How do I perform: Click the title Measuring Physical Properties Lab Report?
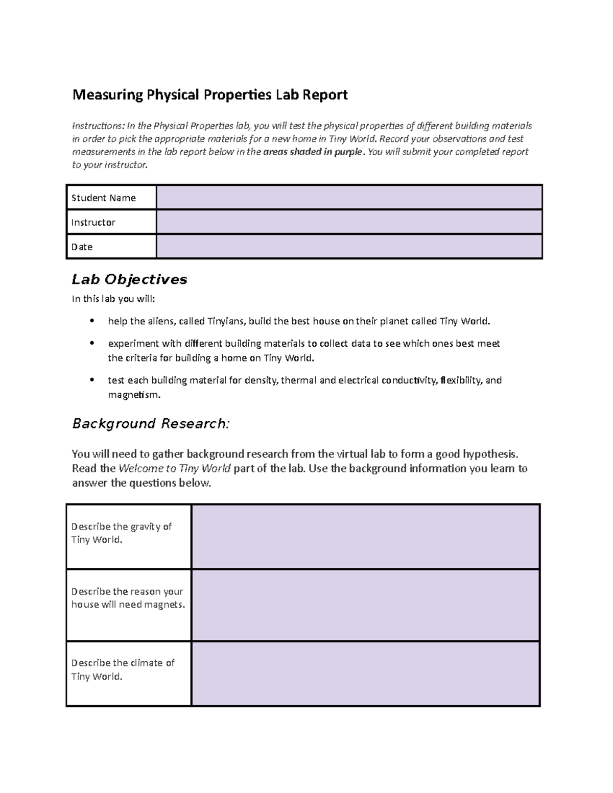pos(210,95)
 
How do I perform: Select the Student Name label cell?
pos(111,198)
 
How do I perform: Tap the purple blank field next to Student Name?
pos(349,198)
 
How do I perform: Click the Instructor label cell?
pos(111,222)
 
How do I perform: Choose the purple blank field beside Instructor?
pos(349,222)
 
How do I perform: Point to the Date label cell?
pos(111,247)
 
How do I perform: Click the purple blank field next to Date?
pos(349,247)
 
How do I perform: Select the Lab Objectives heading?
pos(129,279)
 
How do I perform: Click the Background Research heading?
pos(151,424)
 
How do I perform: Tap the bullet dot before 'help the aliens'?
pos(92,321)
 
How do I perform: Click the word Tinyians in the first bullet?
pos(226,321)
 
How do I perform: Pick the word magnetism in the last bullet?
pos(134,395)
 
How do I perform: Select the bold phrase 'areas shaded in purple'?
pos(313,152)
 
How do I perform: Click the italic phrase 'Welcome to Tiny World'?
pos(175,469)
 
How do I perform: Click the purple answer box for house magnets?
pos(365,605)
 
